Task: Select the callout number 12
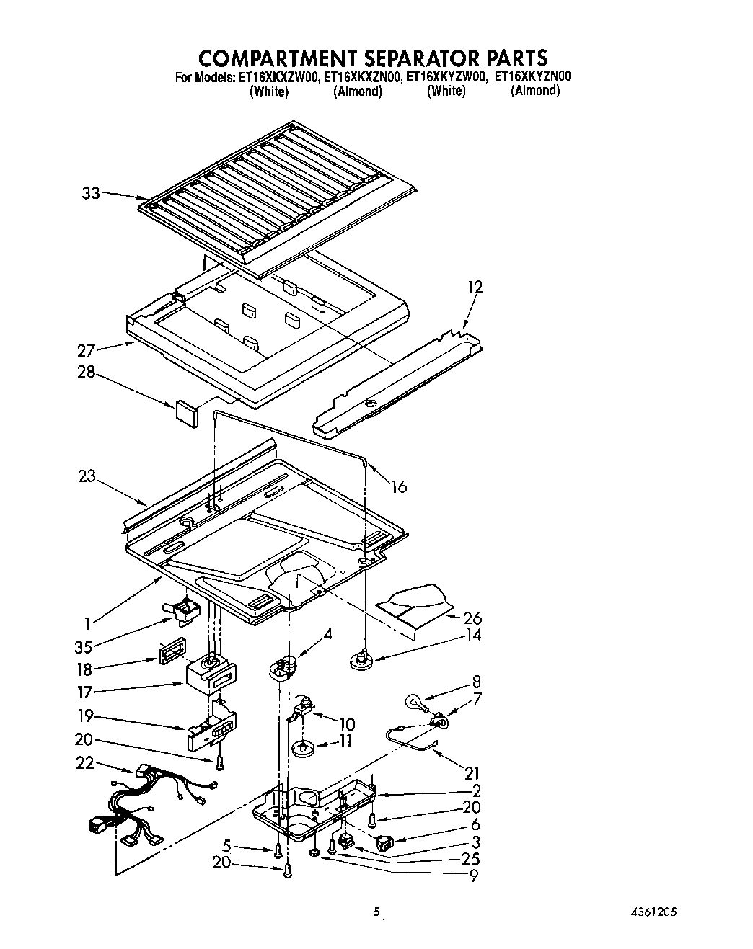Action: tap(474, 287)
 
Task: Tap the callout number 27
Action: tap(86, 351)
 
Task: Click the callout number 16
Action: tap(398, 487)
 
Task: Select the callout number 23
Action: tap(87, 476)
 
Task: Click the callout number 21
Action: tap(471, 773)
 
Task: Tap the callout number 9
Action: tap(473, 876)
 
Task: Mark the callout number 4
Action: tap(327, 635)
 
